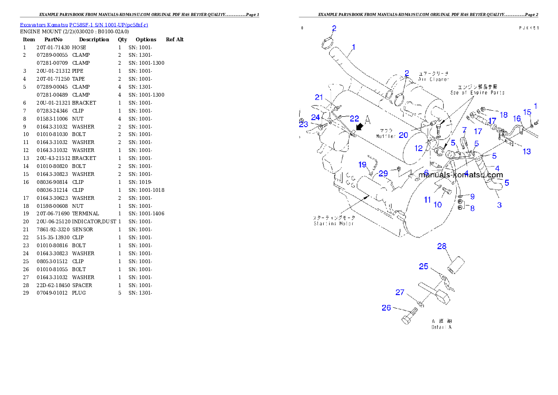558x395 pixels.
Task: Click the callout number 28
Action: tap(442, 246)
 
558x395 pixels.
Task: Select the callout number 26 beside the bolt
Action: tap(386, 308)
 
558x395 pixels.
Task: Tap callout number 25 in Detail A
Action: tap(423, 266)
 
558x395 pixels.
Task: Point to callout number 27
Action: tap(400, 292)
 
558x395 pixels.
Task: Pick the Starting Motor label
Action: tap(334, 220)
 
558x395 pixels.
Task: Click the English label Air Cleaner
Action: tap(433, 80)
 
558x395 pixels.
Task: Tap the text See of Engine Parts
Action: tap(477, 93)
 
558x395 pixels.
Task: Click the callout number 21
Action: tap(319, 97)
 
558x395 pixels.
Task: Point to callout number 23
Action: tap(304, 124)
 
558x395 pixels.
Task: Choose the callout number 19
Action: tap(362, 165)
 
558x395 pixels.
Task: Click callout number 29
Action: tap(384, 174)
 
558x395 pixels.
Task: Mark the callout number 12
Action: tap(419, 148)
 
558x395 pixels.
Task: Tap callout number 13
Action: tap(527, 152)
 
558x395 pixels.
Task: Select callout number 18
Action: tap(504, 115)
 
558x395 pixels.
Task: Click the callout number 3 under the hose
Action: tap(499, 205)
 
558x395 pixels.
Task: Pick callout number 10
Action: tap(437, 205)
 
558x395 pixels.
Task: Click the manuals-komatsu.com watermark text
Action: tap(460, 175)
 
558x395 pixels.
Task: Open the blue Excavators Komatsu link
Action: tap(84, 25)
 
